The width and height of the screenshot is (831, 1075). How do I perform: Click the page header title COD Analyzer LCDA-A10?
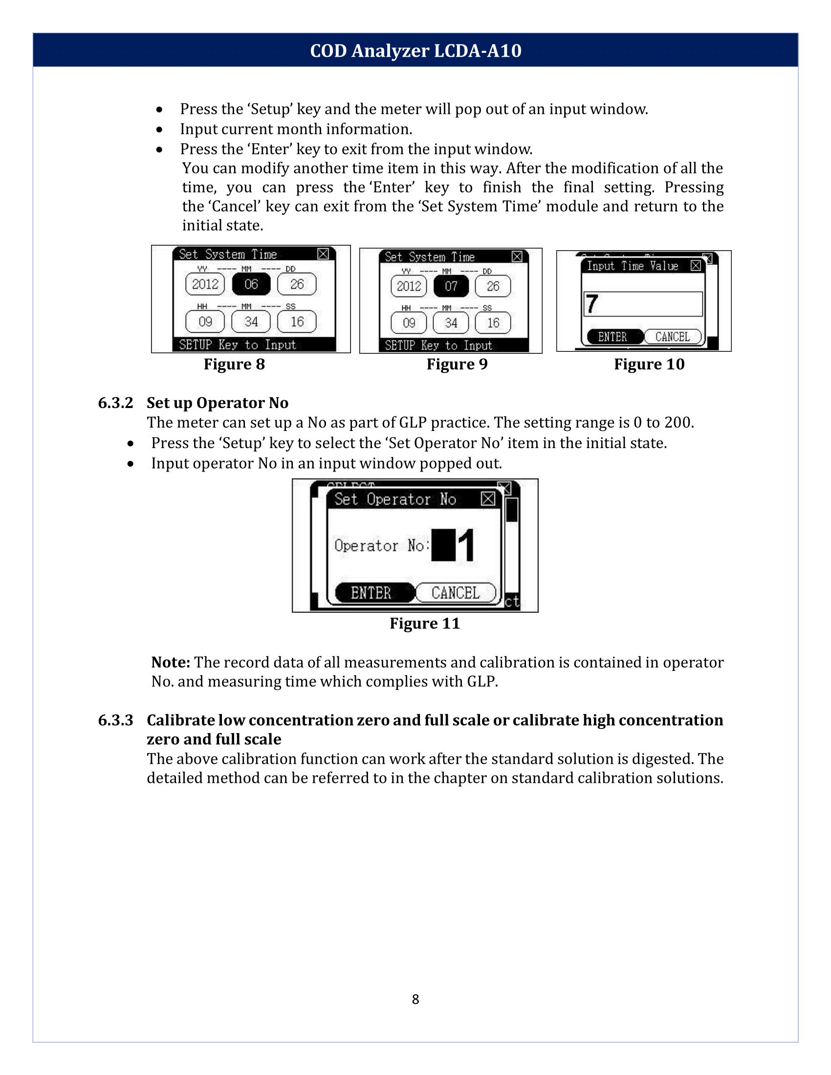click(x=415, y=51)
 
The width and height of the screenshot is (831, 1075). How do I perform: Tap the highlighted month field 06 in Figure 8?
click(x=251, y=284)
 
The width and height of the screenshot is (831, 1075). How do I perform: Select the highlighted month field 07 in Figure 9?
click(x=451, y=286)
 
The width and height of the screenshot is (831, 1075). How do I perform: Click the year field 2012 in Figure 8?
click(x=205, y=284)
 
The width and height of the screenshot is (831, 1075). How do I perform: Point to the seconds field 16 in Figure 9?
click(x=493, y=323)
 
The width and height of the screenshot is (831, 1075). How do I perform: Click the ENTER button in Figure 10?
click(x=613, y=337)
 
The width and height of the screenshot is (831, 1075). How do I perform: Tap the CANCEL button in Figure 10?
click(x=673, y=337)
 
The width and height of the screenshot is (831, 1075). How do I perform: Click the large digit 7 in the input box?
click(x=592, y=304)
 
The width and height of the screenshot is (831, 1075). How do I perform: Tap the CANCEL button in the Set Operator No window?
click(x=456, y=593)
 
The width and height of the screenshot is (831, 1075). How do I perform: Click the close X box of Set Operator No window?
click(x=488, y=498)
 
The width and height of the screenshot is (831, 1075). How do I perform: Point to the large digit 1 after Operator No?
click(x=466, y=545)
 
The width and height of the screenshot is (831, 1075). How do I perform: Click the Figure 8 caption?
click(x=234, y=364)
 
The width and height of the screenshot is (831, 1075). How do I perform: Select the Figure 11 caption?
click(x=424, y=623)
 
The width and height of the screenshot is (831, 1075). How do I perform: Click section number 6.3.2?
click(x=116, y=403)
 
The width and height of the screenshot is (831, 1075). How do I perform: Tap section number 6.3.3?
click(x=116, y=720)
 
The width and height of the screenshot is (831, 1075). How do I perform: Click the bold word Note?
click(x=170, y=663)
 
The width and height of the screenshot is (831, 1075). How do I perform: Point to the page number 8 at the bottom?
click(x=415, y=999)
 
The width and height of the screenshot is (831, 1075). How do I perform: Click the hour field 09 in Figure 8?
click(x=205, y=322)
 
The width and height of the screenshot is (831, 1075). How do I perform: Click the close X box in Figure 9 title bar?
click(x=517, y=257)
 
